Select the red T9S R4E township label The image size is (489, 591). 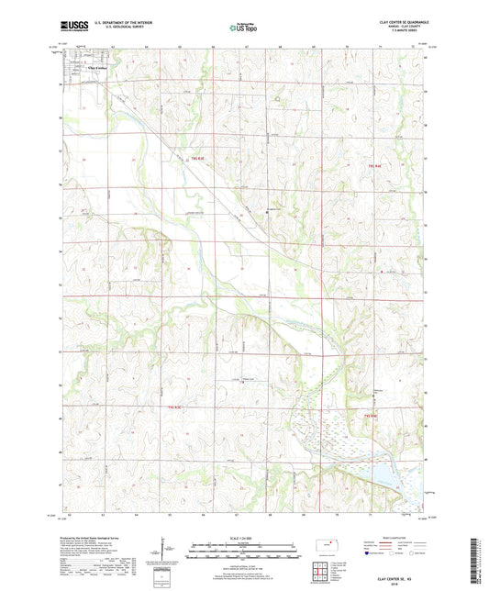pyautogui.click(x=373, y=165)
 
